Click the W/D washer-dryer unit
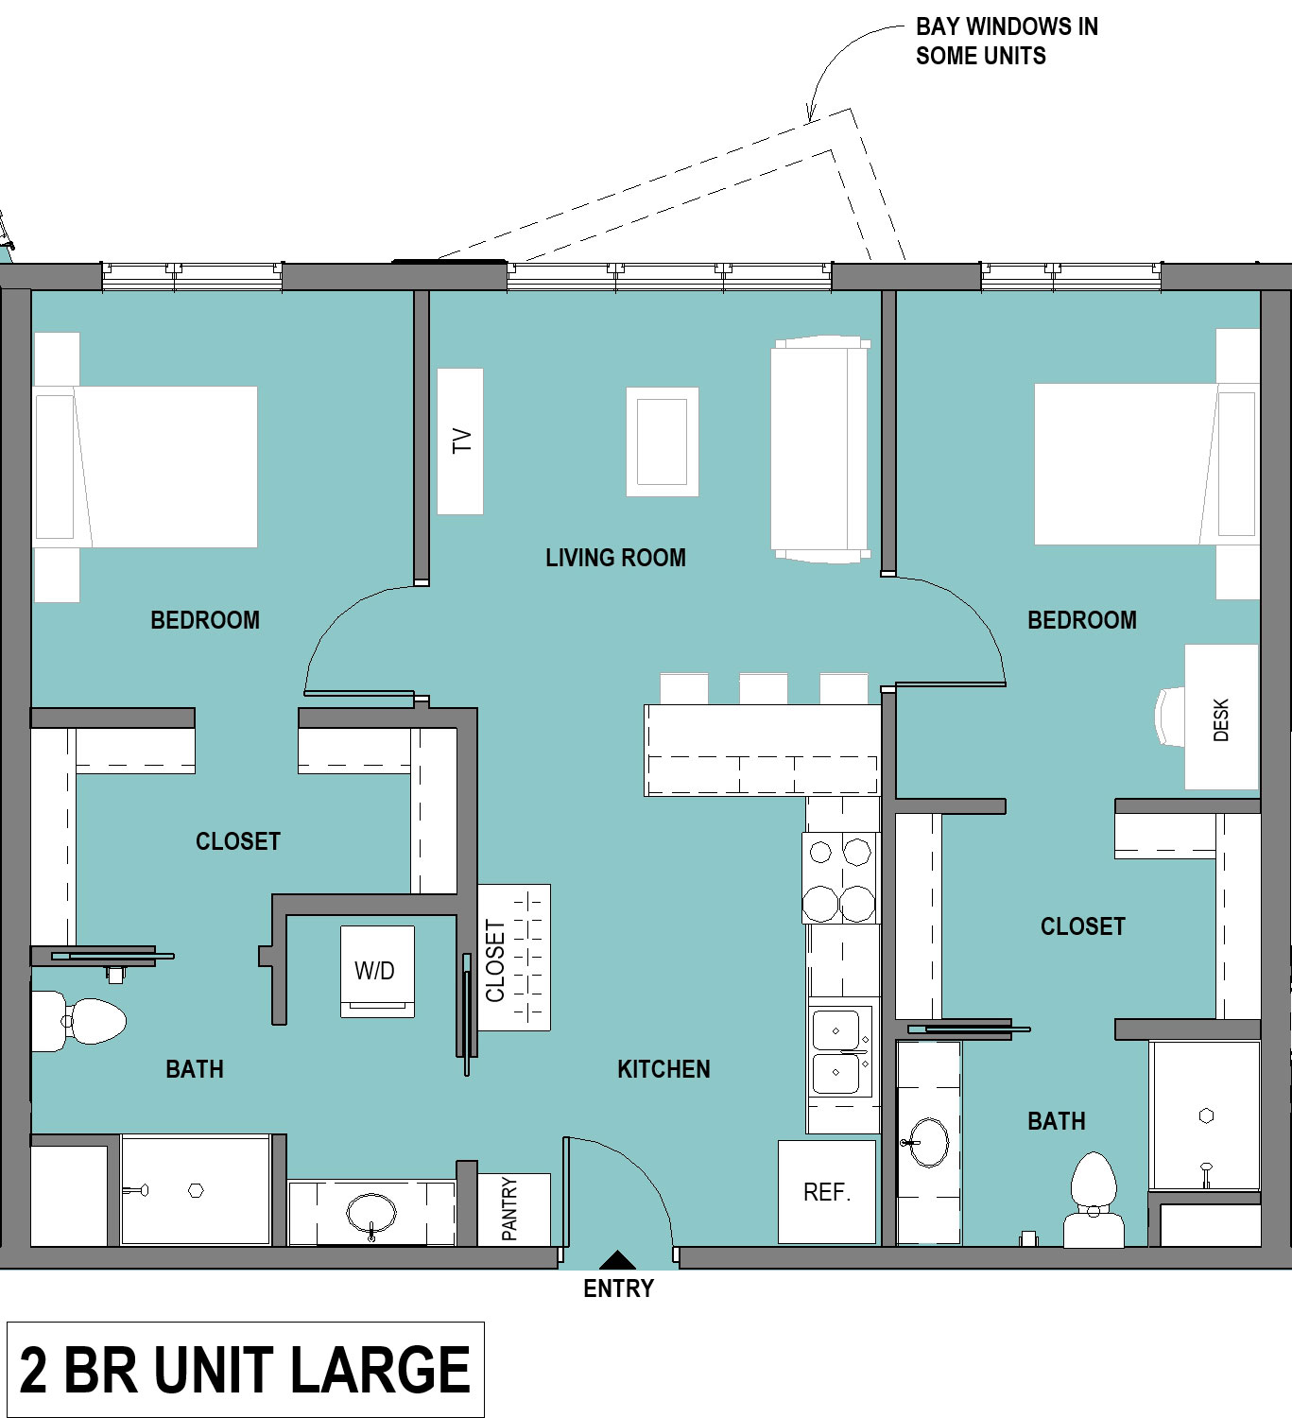pyautogui.click(x=377, y=971)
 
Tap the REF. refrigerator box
pyautogui.click(x=827, y=1192)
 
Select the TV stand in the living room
pyautogui.click(x=460, y=441)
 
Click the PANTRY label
pyautogui.click(x=509, y=1209)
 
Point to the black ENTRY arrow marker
pyautogui.click(x=618, y=1260)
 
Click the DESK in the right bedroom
pyautogui.click(x=1221, y=717)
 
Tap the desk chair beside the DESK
pyautogui.click(x=1170, y=716)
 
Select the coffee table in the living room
pyautogui.click(x=663, y=441)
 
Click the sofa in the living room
pyautogui.click(x=819, y=450)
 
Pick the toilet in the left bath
pyautogui.click(x=78, y=1021)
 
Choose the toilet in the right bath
pyautogui.click(x=1094, y=1200)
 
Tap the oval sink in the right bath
pyautogui.click(x=928, y=1142)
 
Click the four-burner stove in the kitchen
pyautogui.click(x=840, y=878)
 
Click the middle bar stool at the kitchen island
pyautogui.click(x=764, y=688)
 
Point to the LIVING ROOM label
pyautogui.click(x=615, y=558)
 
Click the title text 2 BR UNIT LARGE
pyautogui.click(x=245, y=1370)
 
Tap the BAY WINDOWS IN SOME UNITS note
pyautogui.click(x=1007, y=41)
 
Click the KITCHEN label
pyautogui.click(x=663, y=1069)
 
